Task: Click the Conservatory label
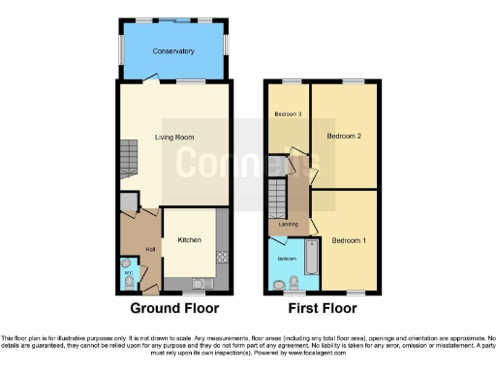tap(173, 51)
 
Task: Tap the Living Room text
tap(175, 138)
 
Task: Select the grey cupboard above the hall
tap(128, 202)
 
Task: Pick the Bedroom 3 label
tap(288, 115)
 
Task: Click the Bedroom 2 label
tap(344, 136)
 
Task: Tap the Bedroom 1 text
tap(348, 240)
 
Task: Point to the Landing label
tap(289, 225)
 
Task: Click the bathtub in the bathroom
tap(312, 260)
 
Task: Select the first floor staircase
tap(279, 199)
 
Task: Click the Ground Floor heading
tap(174, 308)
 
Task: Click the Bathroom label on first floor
tap(288, 260)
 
